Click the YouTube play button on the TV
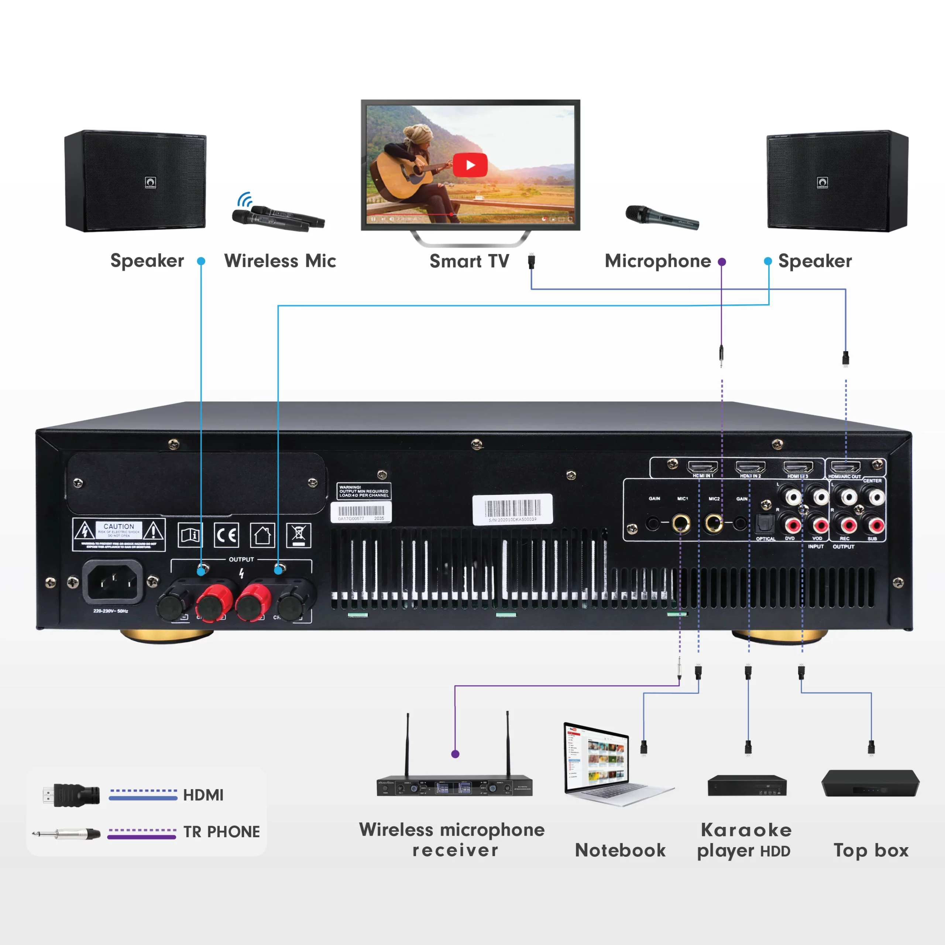[470, 165]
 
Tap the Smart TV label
[469, 261]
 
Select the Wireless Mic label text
[280, 261]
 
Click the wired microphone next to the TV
[662, 218]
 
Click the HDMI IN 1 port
[702, 467]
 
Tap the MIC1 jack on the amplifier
[680, 523]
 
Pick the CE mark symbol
[226, 535]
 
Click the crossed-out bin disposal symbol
[298, 535]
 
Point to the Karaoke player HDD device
[746, 785]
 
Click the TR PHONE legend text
[221, 832]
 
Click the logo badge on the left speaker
[150, 182]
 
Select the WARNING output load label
[364, 491]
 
